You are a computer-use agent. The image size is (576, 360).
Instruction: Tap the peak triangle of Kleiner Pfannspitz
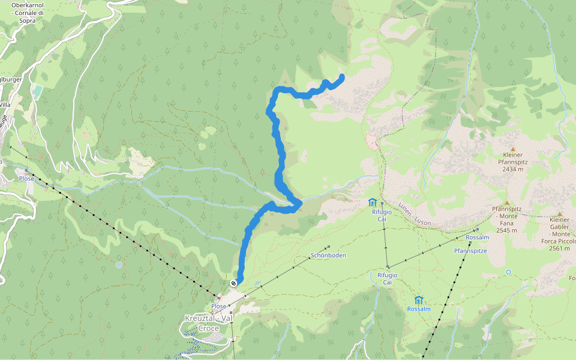click(x=513, y=149)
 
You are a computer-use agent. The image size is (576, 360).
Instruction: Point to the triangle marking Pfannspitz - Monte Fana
click(x=506, y=203)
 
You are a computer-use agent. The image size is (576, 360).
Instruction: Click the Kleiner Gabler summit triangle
click(x=560, y=214)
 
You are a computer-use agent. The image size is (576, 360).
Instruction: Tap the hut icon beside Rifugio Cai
click(x=372, y=202)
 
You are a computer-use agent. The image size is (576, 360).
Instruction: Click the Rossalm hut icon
click(x=419, y=299)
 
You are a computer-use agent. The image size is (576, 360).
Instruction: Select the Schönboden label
click(x=328, y=256)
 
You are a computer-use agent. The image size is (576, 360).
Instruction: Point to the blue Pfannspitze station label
click(x=470, y=251)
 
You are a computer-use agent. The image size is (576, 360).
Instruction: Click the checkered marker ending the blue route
click(x=233, y=283)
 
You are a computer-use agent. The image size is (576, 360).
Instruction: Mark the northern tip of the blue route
click(x=342, y=76)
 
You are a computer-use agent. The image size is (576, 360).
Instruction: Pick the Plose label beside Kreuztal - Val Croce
click(x=218, y=306)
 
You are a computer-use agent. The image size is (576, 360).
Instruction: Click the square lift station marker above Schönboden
click(x=329, y=247)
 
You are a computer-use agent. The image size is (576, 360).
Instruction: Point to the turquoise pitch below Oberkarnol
click(x=37, y=92)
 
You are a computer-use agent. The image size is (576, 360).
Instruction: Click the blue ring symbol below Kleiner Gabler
click(x=509, y=272)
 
